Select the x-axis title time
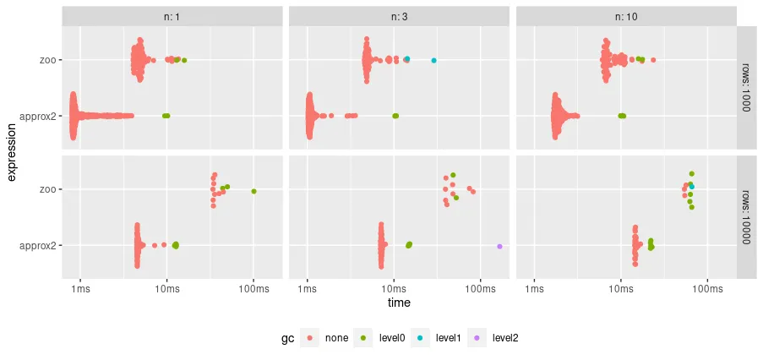point(399,303)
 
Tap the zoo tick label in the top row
point(46,60)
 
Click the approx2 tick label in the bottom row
point(39,246)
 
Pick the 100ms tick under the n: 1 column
point(253,290)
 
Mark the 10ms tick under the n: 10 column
point(621,290)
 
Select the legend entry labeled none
point(335,337)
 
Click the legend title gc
point(287,337)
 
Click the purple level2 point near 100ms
point(499,246)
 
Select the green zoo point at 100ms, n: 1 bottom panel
point(253,192)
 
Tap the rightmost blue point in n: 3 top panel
point(433,61)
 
